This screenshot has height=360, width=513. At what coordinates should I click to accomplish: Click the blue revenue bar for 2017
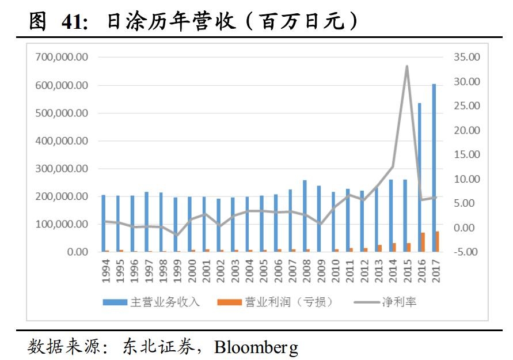(x=434, y=168)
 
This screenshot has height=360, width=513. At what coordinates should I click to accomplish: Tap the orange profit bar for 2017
(x=438, y=241)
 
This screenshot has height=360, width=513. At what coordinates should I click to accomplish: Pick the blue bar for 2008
(x=305, y=216)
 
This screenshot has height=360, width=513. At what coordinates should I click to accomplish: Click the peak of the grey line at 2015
(x=407, y=66)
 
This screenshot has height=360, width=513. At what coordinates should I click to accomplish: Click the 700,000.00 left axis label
(x=62, y=58)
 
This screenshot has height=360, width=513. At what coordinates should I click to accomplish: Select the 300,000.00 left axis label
(x=62, y=169)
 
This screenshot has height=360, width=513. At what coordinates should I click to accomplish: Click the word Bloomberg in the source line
(x=256, y=347)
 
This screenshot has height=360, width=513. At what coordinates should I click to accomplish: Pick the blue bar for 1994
(x=104, y=223)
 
